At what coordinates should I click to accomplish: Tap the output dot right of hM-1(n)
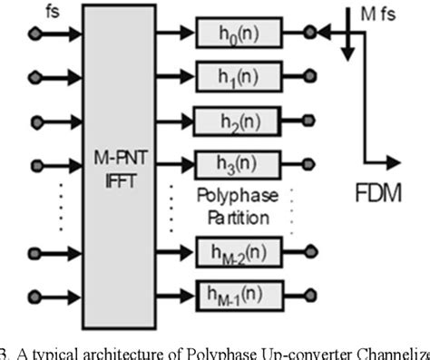pos(311,293)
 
